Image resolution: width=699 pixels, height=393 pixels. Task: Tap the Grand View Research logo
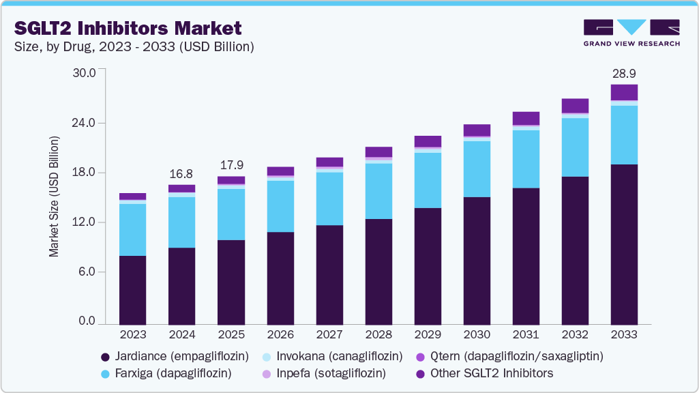pyautogui.click(x=631, y=33)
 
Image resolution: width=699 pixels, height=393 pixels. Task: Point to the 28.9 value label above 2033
pyautogui.click(x=624, y=72)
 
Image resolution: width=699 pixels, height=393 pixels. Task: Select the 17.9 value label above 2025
pyautogui.click(x=230, y=164)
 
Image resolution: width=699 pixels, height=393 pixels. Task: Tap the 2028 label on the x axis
pyautogui.click(x=378, y=334)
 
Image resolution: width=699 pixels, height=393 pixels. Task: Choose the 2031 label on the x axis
pyautogui.click(x=526, y=334)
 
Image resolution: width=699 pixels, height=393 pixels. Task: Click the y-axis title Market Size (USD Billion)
pyautogui.click(x=54, y=196)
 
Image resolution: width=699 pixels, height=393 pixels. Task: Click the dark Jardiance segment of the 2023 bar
pyautogui.click(x=132, y=289)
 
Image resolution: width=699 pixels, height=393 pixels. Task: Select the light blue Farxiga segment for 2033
pyautogui.click(x=624, y=135)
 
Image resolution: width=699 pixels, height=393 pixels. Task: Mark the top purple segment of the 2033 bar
pyautogui.click(x=624, y=92)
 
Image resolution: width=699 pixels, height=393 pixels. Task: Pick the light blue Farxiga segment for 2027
pyautogui.click(x=329, y=199)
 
